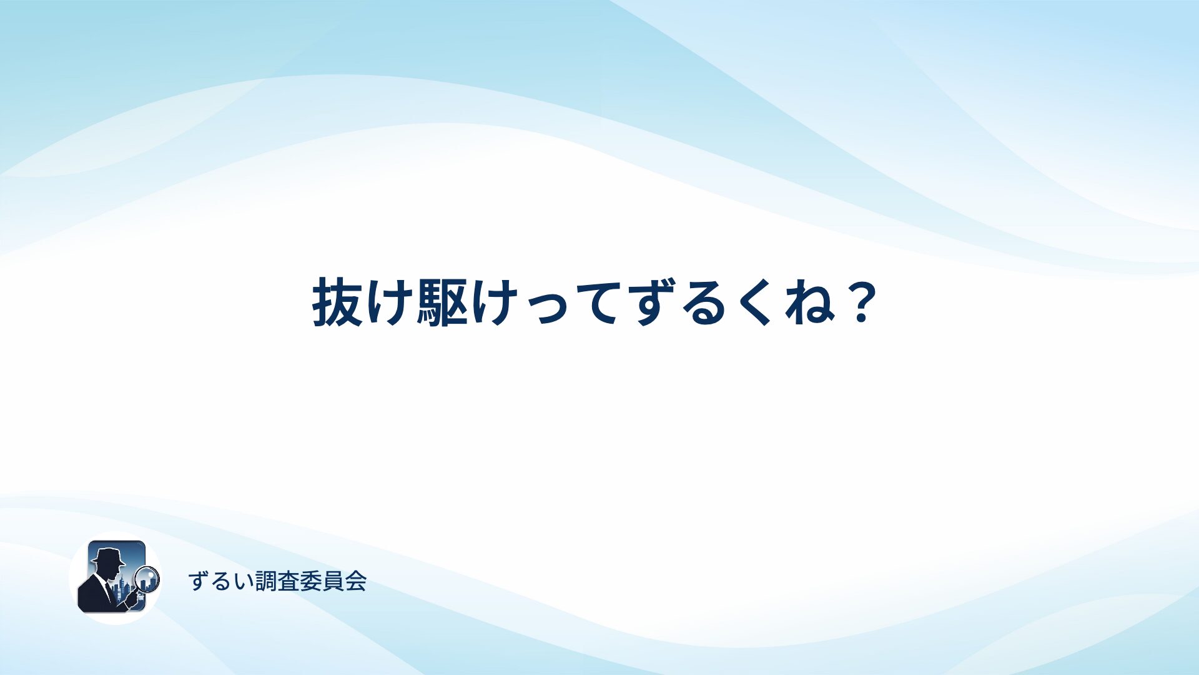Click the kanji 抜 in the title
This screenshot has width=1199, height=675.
point(338,302)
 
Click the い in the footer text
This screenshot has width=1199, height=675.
point(243,582)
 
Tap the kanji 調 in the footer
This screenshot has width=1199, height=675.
point(266,581)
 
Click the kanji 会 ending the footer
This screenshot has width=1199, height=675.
point(356,581)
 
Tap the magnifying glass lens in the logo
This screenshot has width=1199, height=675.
point(147,578)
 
